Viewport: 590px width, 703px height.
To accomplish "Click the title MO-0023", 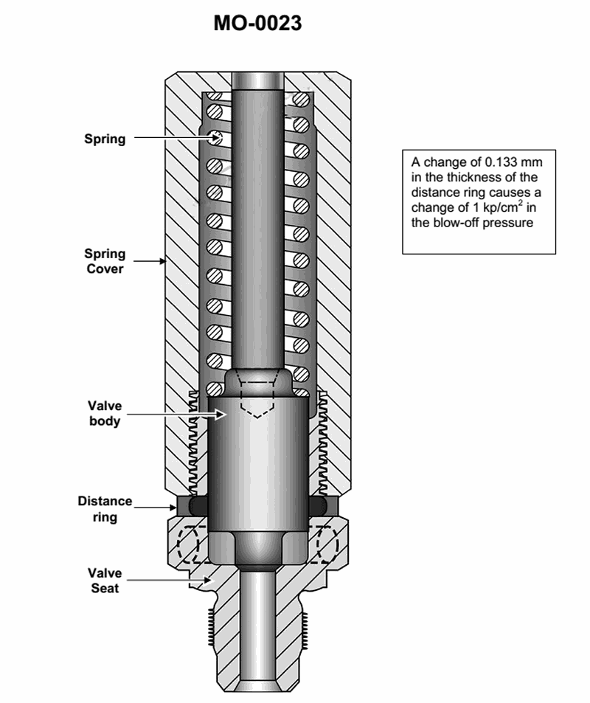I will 257,24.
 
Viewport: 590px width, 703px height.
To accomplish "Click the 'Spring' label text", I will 105,139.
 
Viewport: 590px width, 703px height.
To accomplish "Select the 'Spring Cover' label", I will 105,261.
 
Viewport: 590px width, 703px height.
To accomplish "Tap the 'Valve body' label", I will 105,414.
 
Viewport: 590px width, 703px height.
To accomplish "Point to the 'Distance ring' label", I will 105,509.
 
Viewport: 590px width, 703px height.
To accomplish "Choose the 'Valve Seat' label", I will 105,581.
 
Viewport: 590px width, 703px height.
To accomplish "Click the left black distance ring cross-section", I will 198,506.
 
